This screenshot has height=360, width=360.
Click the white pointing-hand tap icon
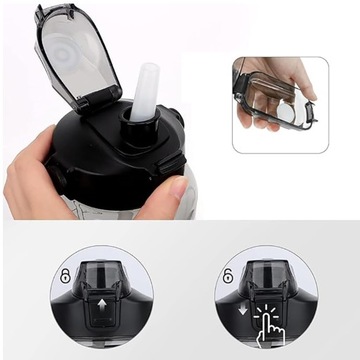pyautogui.click(x=268, y=320)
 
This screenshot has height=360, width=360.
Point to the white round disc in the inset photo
pyautogui.click(x=284, y=111)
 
